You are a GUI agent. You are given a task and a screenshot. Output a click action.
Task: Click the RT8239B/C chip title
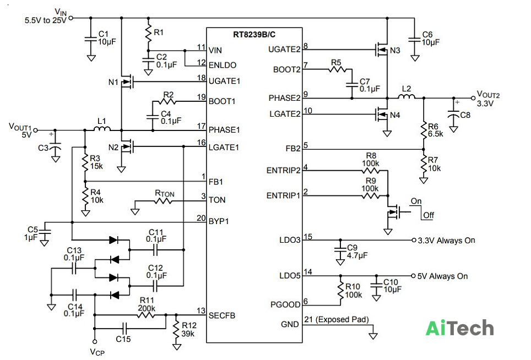pos(254,35)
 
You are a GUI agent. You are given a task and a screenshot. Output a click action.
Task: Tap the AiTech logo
pos(459,328)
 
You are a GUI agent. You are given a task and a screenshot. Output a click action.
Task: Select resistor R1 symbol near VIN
pos(148,33)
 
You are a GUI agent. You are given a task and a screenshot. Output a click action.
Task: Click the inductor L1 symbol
pos(102,128)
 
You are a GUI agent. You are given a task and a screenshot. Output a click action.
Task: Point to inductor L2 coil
pos(407,96)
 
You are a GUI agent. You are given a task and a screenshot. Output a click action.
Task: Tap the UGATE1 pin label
pos(224,81)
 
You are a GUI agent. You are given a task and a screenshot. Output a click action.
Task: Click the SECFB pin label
pos(222,315)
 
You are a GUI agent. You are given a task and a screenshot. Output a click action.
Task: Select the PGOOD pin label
pos(285,304)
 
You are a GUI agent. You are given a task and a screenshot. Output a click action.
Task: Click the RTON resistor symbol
pos(163,201)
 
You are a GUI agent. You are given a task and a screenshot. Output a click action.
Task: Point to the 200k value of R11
pos(147,308)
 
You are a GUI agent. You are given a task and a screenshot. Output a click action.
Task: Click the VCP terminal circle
pos(95,342)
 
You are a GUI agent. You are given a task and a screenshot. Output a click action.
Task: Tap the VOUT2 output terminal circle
pos(473,98)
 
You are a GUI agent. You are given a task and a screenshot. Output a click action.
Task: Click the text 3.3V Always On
pos(446,241)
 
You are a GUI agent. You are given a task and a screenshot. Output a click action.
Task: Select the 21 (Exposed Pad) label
pos(336,319)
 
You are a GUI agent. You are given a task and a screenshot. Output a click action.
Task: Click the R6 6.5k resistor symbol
pos(424,130)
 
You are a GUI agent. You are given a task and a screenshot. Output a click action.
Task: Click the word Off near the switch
pos(429,215)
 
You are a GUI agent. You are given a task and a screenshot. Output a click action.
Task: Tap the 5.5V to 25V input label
pos(45,20)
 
